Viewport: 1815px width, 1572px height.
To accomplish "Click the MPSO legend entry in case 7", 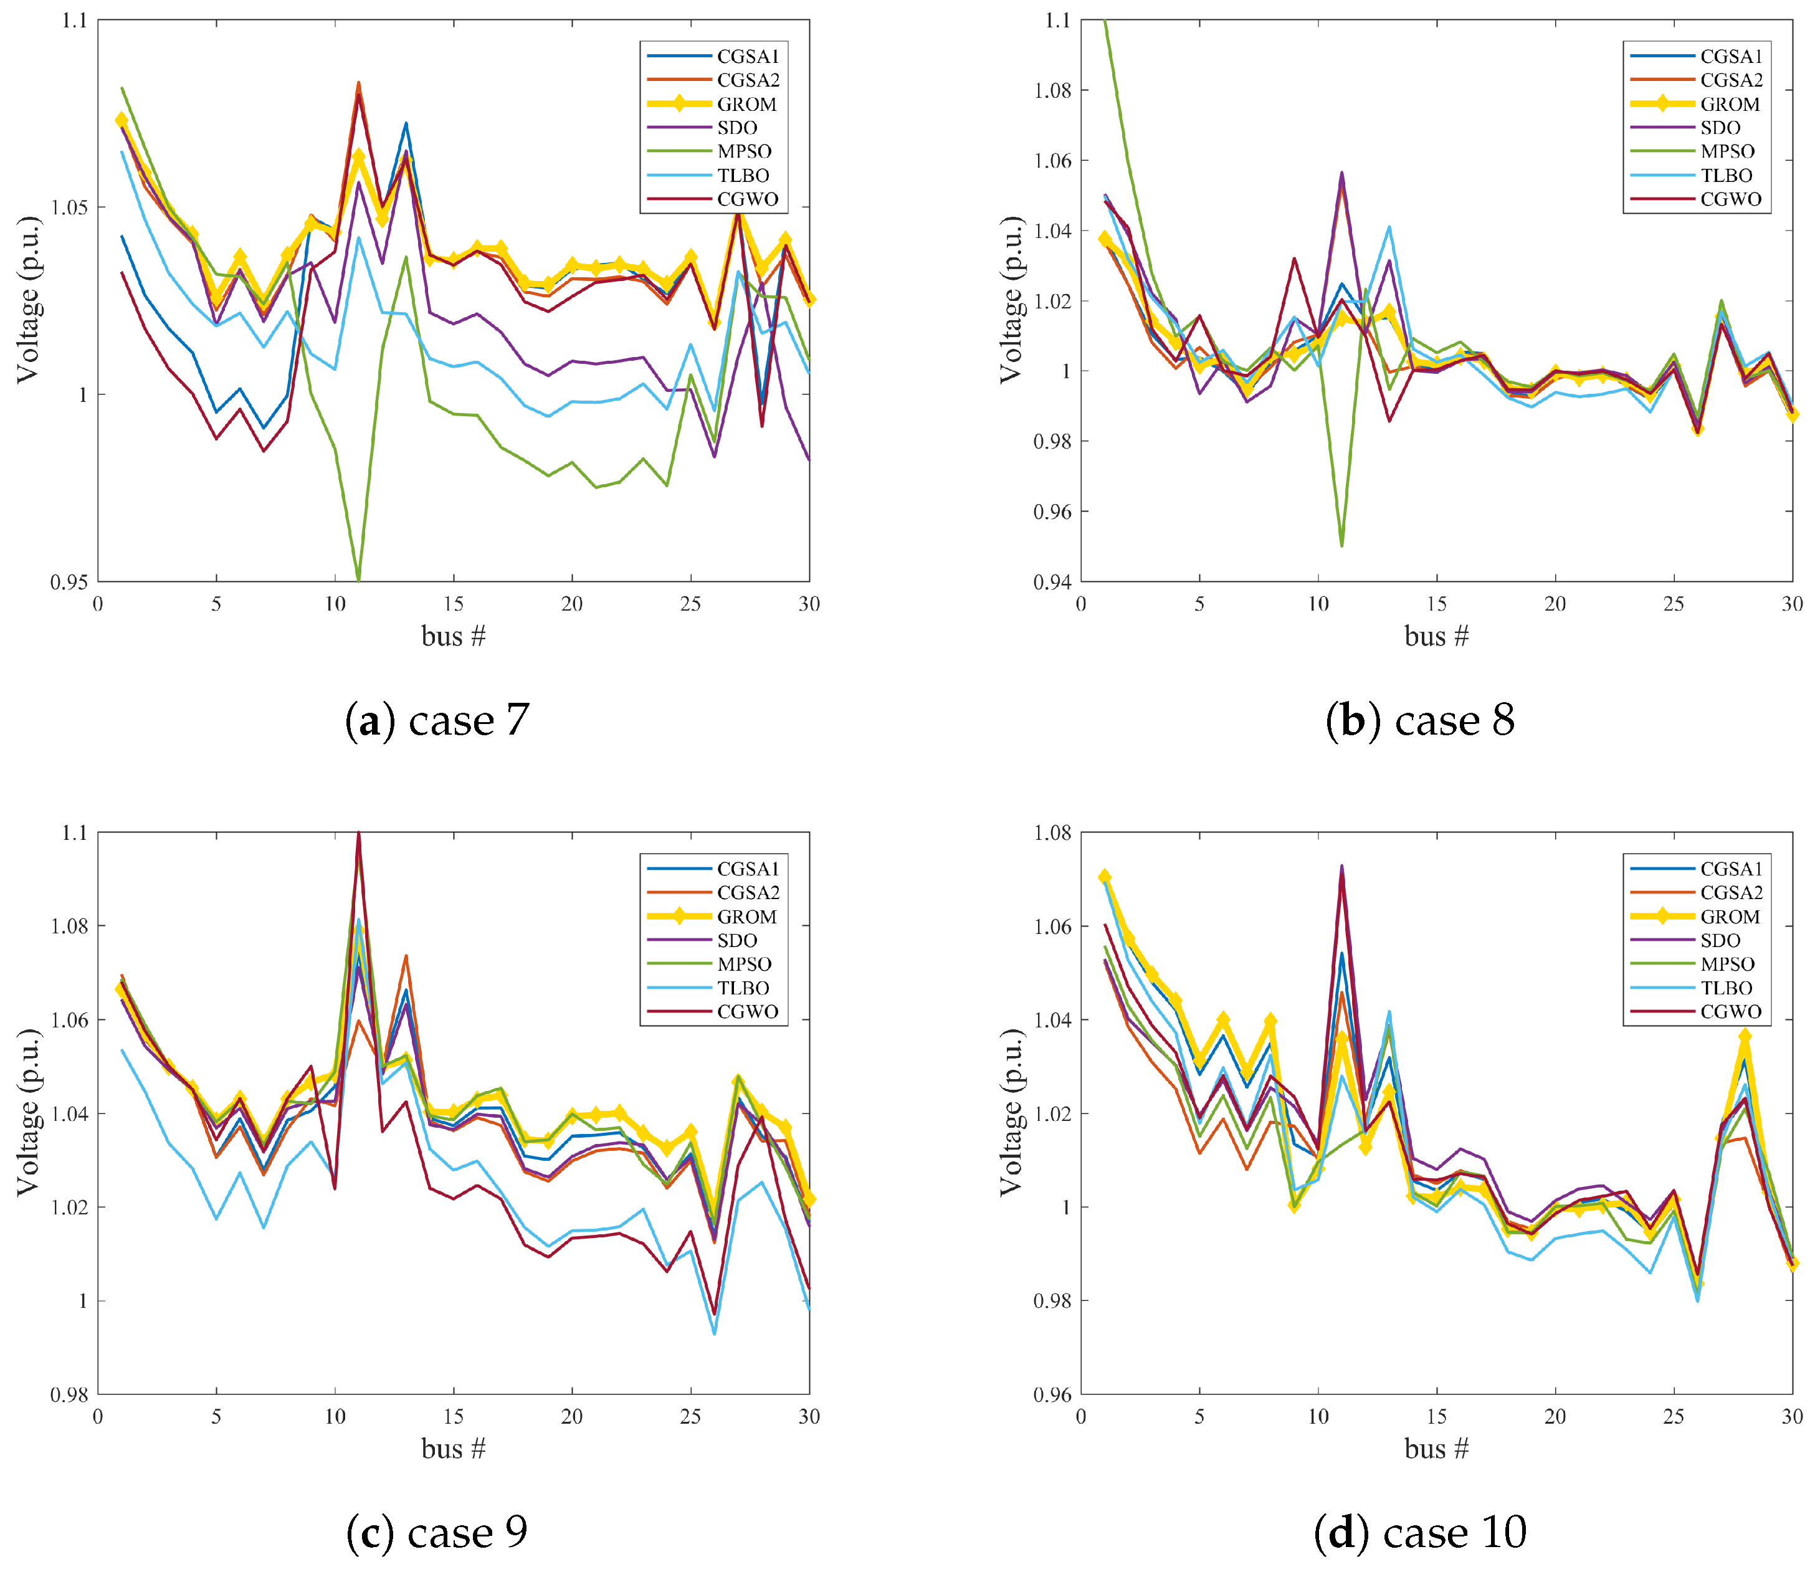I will click(744, 152).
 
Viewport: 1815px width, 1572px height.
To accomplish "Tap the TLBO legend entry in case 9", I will click(743, 988).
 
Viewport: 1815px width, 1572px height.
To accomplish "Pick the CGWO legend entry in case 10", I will click(1730, 1011).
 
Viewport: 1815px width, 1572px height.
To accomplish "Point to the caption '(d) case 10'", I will click(1420, 1532).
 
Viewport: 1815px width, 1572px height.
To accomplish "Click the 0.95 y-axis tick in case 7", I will click(69, 581).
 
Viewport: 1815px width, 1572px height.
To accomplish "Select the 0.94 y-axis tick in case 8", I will click(1053, 581).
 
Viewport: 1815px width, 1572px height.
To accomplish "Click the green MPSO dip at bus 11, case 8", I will click(1342, 546).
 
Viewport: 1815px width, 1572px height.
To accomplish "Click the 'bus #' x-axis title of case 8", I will click(1436, 636).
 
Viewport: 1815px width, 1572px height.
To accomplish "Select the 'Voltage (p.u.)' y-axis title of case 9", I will click(28, 1112).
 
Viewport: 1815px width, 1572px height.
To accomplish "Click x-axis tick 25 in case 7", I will click(690, 604).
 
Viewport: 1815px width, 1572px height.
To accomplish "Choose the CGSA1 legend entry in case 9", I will click(748, 869).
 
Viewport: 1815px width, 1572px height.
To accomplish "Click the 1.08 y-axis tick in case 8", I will click(1053, 90).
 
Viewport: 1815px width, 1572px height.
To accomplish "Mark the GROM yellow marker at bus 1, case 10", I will click(1105, 877).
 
